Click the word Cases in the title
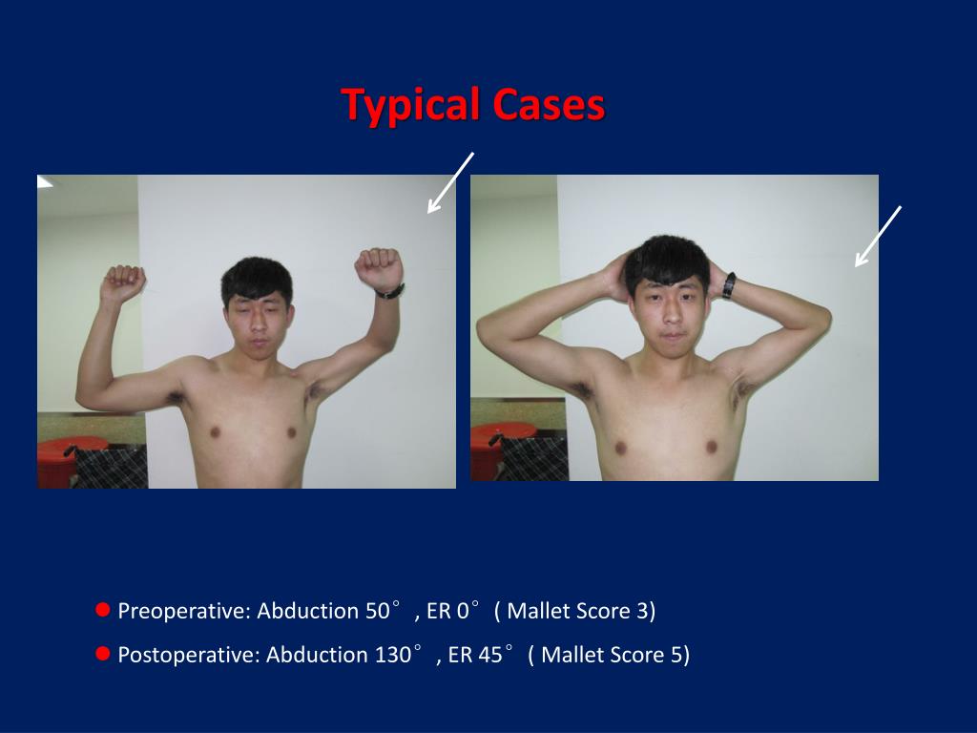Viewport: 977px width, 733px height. tap(550, 104)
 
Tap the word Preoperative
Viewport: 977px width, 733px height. tap(182, 611)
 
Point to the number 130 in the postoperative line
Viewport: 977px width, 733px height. tap(393, 655)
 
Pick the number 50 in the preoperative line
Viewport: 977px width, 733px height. tap(377, 611)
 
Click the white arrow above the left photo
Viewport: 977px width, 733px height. tap(450, 181)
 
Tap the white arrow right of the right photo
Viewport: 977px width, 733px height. tap(878, 235)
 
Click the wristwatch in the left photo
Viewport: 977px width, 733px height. tap(389, 291)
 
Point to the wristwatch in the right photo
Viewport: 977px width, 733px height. tap(728, 285)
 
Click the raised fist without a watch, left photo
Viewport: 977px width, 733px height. tap(123, 282)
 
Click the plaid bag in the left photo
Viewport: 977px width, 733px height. tap(111, 467)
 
